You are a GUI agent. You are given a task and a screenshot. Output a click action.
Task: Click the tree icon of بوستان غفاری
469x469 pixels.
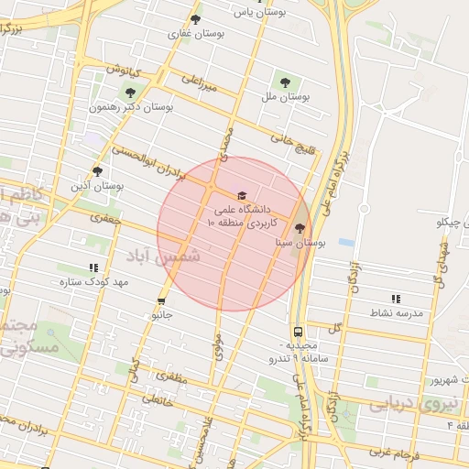tap(195, 19)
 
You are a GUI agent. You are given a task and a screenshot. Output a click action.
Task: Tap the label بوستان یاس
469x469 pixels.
tap(253, 13)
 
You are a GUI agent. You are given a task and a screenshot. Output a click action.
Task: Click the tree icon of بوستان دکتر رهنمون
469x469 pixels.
tap(130, 92)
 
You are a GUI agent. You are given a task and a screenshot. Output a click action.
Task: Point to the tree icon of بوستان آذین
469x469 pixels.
tap(98, 170)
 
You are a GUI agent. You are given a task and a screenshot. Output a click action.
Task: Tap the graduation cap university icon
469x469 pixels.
tap(242, 195)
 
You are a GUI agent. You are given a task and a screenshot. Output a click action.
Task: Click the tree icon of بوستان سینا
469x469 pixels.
tap(300, 227)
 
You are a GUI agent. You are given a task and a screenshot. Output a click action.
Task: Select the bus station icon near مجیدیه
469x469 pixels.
tap(298, 332)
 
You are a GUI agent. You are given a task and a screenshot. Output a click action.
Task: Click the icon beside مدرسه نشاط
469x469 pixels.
tap(396, 299)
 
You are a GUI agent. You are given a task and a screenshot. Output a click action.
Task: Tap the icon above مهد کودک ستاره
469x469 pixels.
tap(93, 267)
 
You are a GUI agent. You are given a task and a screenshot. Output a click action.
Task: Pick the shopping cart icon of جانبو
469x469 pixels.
tap(162, 300)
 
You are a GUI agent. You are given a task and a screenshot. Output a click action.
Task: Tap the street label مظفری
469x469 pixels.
tap(169, 375)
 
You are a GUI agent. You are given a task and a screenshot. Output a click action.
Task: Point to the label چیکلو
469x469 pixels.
tap(453, 223)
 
